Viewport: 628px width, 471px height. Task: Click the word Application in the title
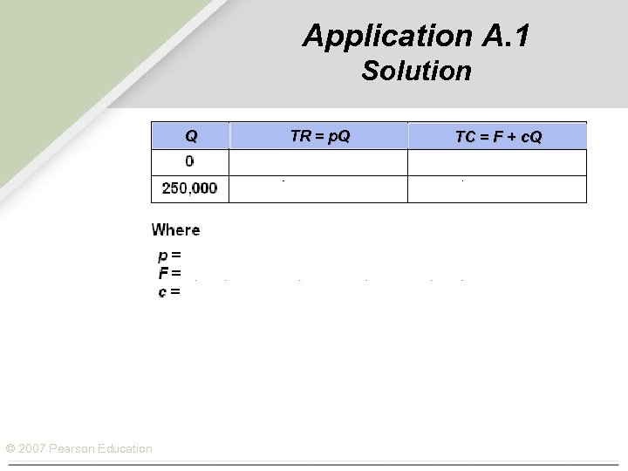[x=375, y=36]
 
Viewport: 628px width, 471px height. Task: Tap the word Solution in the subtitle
[x=416, y=71]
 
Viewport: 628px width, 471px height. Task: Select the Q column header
[x=190, y=136]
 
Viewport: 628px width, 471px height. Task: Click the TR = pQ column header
[x=319, y=136]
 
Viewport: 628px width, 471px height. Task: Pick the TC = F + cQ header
[x=498, y=136]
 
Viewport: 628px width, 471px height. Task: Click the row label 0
[x=190, y=162]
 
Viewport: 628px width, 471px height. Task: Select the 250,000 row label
[x=190, y=188]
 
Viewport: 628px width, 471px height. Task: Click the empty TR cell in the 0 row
[x=318, y=162]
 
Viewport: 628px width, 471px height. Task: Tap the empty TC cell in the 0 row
[x=497, y=162]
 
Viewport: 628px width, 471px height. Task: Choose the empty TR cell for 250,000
[x=318, y=189]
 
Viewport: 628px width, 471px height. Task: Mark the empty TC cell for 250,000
[x=497, y=189]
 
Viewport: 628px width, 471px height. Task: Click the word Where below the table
[x=175, y=230]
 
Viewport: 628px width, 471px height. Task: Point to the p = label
[x=169, y=256]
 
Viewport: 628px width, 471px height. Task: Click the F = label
[x=169, y=273]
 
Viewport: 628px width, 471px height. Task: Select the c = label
[x=169, y=291]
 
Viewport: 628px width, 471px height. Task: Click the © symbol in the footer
[x=10, y=449]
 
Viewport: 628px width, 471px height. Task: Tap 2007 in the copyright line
[x=31, y=449]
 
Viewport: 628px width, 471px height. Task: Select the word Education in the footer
[x=124, y=449]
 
